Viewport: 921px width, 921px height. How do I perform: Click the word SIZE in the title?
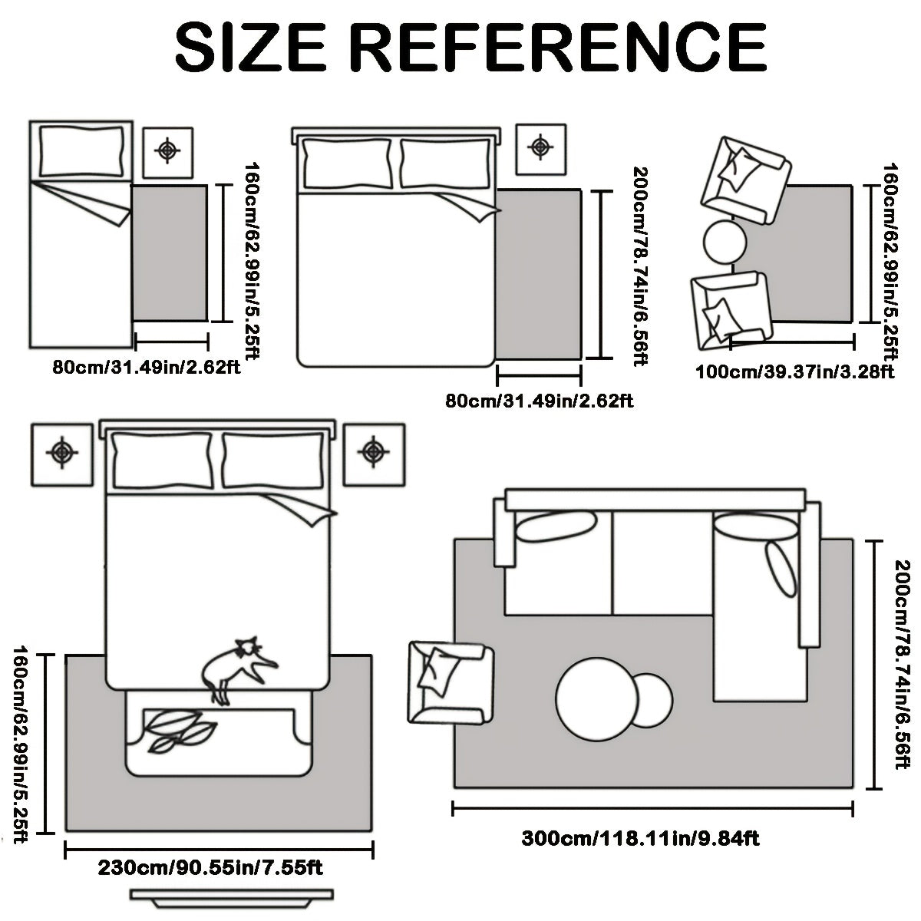(250, 48)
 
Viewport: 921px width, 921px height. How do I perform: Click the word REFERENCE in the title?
(557, 48)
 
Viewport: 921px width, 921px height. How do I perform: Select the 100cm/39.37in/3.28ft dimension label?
(794, 371)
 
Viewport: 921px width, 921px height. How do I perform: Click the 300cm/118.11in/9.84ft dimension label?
(640, 798)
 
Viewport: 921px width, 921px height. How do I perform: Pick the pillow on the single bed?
(81, 151)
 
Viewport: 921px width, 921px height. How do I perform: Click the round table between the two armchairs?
(725, 242)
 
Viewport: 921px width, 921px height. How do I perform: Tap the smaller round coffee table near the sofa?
(653, 700)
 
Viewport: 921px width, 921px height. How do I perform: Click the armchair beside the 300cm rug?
(451, 683)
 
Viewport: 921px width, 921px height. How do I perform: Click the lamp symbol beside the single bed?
(167, 151)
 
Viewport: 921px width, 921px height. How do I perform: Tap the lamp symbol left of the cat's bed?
(62, 451)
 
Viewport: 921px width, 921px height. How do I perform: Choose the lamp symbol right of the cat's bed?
(373, 451)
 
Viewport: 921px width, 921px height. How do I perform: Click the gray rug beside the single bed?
(170, 253)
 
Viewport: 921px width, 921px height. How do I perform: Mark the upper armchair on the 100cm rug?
(745, 180)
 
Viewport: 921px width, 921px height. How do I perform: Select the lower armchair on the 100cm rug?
(731, 311)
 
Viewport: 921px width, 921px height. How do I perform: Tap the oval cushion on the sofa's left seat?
(556, 527)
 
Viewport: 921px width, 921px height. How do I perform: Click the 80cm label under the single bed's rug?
(147, 368)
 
